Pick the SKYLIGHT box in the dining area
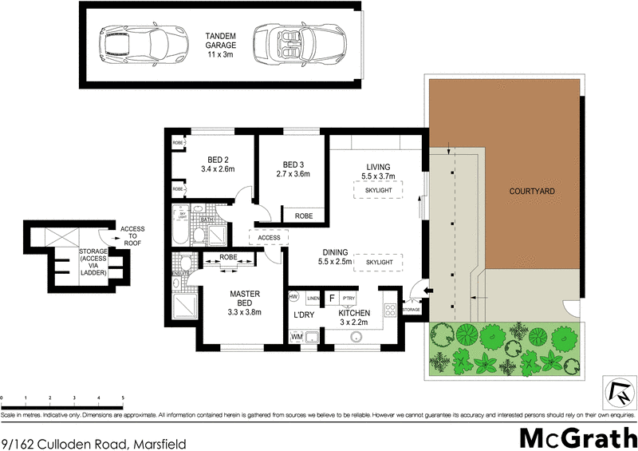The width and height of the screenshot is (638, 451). click(379, 261)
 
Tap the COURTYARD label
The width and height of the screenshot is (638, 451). click(531, 192)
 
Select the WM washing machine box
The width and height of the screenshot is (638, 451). click(297, 337)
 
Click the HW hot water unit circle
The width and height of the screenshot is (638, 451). click(293, 297)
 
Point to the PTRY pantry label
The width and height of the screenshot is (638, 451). click(349, 298)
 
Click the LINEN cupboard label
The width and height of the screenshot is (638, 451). click(313, 298)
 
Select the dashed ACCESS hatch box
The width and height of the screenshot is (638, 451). click(269, 237)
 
